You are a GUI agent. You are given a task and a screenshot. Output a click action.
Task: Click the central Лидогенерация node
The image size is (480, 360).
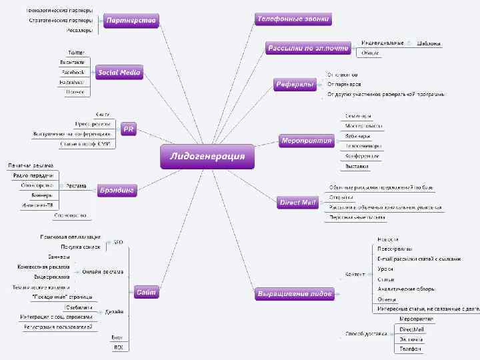(207, 157)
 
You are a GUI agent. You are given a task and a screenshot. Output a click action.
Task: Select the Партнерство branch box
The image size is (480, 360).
(131, 21)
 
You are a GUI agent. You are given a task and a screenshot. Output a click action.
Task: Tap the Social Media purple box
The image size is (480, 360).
(119, 72)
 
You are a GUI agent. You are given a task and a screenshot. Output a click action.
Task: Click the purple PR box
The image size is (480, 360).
(129, 129)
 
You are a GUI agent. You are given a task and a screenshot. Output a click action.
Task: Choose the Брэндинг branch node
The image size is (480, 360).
(117, 191)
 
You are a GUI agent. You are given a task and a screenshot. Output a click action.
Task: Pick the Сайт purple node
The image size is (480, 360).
(146, 292)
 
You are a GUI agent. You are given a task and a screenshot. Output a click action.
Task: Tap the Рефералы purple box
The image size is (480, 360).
(295, 84)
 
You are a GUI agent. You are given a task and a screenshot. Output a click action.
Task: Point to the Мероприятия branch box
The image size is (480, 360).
(307, 140)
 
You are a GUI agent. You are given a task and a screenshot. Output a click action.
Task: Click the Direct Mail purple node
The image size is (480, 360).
(298, 203)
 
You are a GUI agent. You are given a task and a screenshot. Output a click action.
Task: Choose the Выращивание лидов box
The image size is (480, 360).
(294, 293)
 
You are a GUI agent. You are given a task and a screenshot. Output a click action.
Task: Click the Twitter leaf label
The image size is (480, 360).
(76, 52)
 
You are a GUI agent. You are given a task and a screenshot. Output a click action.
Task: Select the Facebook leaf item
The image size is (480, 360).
(73, 71)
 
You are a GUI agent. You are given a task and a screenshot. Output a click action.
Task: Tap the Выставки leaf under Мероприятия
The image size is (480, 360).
(357, 165)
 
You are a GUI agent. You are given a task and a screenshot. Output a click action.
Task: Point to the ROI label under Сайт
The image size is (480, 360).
(119, 348)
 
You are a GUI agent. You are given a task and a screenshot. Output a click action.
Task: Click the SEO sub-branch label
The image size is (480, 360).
(118, 241)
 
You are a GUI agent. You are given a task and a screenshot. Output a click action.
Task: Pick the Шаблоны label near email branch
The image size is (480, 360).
(428, 43)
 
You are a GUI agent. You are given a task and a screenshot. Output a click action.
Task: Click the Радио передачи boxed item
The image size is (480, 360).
(33, 175)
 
